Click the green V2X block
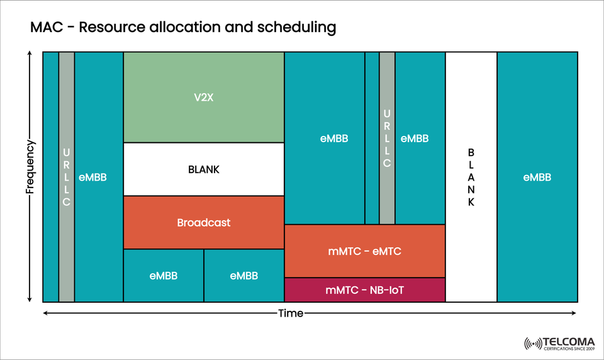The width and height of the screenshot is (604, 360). click(204, 98)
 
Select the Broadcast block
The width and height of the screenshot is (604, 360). click(204, 223)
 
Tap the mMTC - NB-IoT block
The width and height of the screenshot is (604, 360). click(365, 290)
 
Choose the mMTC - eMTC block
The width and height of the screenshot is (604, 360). click(365, 251)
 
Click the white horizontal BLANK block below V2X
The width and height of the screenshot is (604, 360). click(204, 169)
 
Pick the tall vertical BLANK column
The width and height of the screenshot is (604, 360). click(471, 177)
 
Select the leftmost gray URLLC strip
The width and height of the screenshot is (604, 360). click(67, 177)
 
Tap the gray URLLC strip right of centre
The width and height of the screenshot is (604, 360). click(387, 138)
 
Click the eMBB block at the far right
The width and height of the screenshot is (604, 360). click(537, 177)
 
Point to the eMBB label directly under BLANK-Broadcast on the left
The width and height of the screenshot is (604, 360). click(164, 276)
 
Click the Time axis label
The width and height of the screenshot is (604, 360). click(291, 313)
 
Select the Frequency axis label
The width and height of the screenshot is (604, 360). click(30, 166)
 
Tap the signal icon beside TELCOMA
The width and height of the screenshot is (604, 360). click(532, 343)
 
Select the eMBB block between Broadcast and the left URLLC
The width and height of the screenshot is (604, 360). click(99, 177)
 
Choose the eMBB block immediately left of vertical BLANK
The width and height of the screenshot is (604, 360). click(420, 138)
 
